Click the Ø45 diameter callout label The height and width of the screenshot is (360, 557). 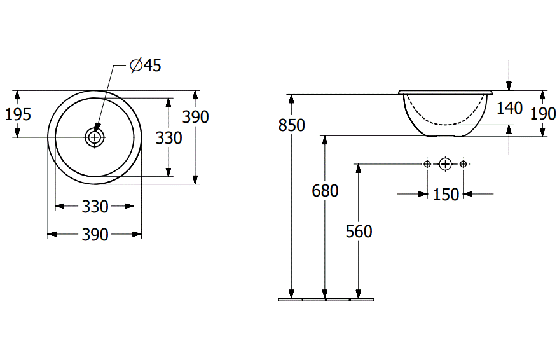[x=146, y=66]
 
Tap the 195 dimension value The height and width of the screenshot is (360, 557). [x=18, y=114]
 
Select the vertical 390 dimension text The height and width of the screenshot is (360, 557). [x=196, y=116]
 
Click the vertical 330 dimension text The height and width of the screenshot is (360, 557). [x=169, y=137]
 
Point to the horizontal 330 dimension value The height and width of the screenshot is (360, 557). [x=95, y=206]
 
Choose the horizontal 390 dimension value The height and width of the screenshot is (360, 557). [x=95, y=235]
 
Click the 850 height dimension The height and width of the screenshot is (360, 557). [x=292, y=125]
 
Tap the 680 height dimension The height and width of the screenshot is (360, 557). [x=325, y=190]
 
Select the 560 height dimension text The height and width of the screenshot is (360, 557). [x=359, y=232]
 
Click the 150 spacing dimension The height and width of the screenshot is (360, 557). [x=446, y=195]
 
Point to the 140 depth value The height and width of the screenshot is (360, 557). [x=509, y=108]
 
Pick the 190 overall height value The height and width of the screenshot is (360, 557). [x=542, y=114]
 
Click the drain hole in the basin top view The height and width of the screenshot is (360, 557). [x=95, y=136]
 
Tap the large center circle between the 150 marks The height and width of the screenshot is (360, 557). [x=445, y=165]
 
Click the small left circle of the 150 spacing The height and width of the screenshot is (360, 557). [x=427, y=165]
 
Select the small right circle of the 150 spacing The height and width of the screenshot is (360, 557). [x=463, y=165]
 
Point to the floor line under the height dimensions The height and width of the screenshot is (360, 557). [x=326, y=299]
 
